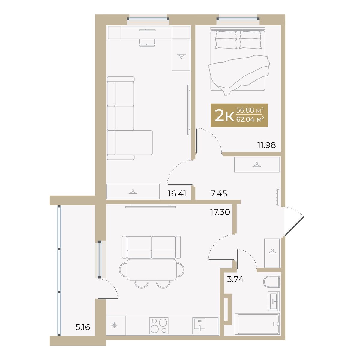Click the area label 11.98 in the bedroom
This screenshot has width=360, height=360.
267,145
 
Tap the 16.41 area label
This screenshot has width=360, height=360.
177,193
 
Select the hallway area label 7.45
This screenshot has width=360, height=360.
219,193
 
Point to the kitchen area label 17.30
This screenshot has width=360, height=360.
220,212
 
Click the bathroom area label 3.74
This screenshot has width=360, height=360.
235,279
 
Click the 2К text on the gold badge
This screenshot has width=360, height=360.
224,115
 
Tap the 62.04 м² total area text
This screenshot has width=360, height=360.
250,119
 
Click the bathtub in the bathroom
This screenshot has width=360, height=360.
257,324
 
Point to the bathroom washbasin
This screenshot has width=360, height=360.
274,301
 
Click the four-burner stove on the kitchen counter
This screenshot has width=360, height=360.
159,325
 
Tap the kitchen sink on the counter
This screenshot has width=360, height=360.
199,326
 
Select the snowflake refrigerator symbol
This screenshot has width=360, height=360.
114,325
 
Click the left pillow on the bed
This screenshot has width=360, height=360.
226,40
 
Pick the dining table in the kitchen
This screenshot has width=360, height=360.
151,270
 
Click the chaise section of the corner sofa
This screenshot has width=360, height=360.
133,142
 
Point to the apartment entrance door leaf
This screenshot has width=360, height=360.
294,226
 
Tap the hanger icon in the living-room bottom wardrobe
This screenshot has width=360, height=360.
133,192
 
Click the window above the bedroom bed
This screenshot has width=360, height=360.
238,19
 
